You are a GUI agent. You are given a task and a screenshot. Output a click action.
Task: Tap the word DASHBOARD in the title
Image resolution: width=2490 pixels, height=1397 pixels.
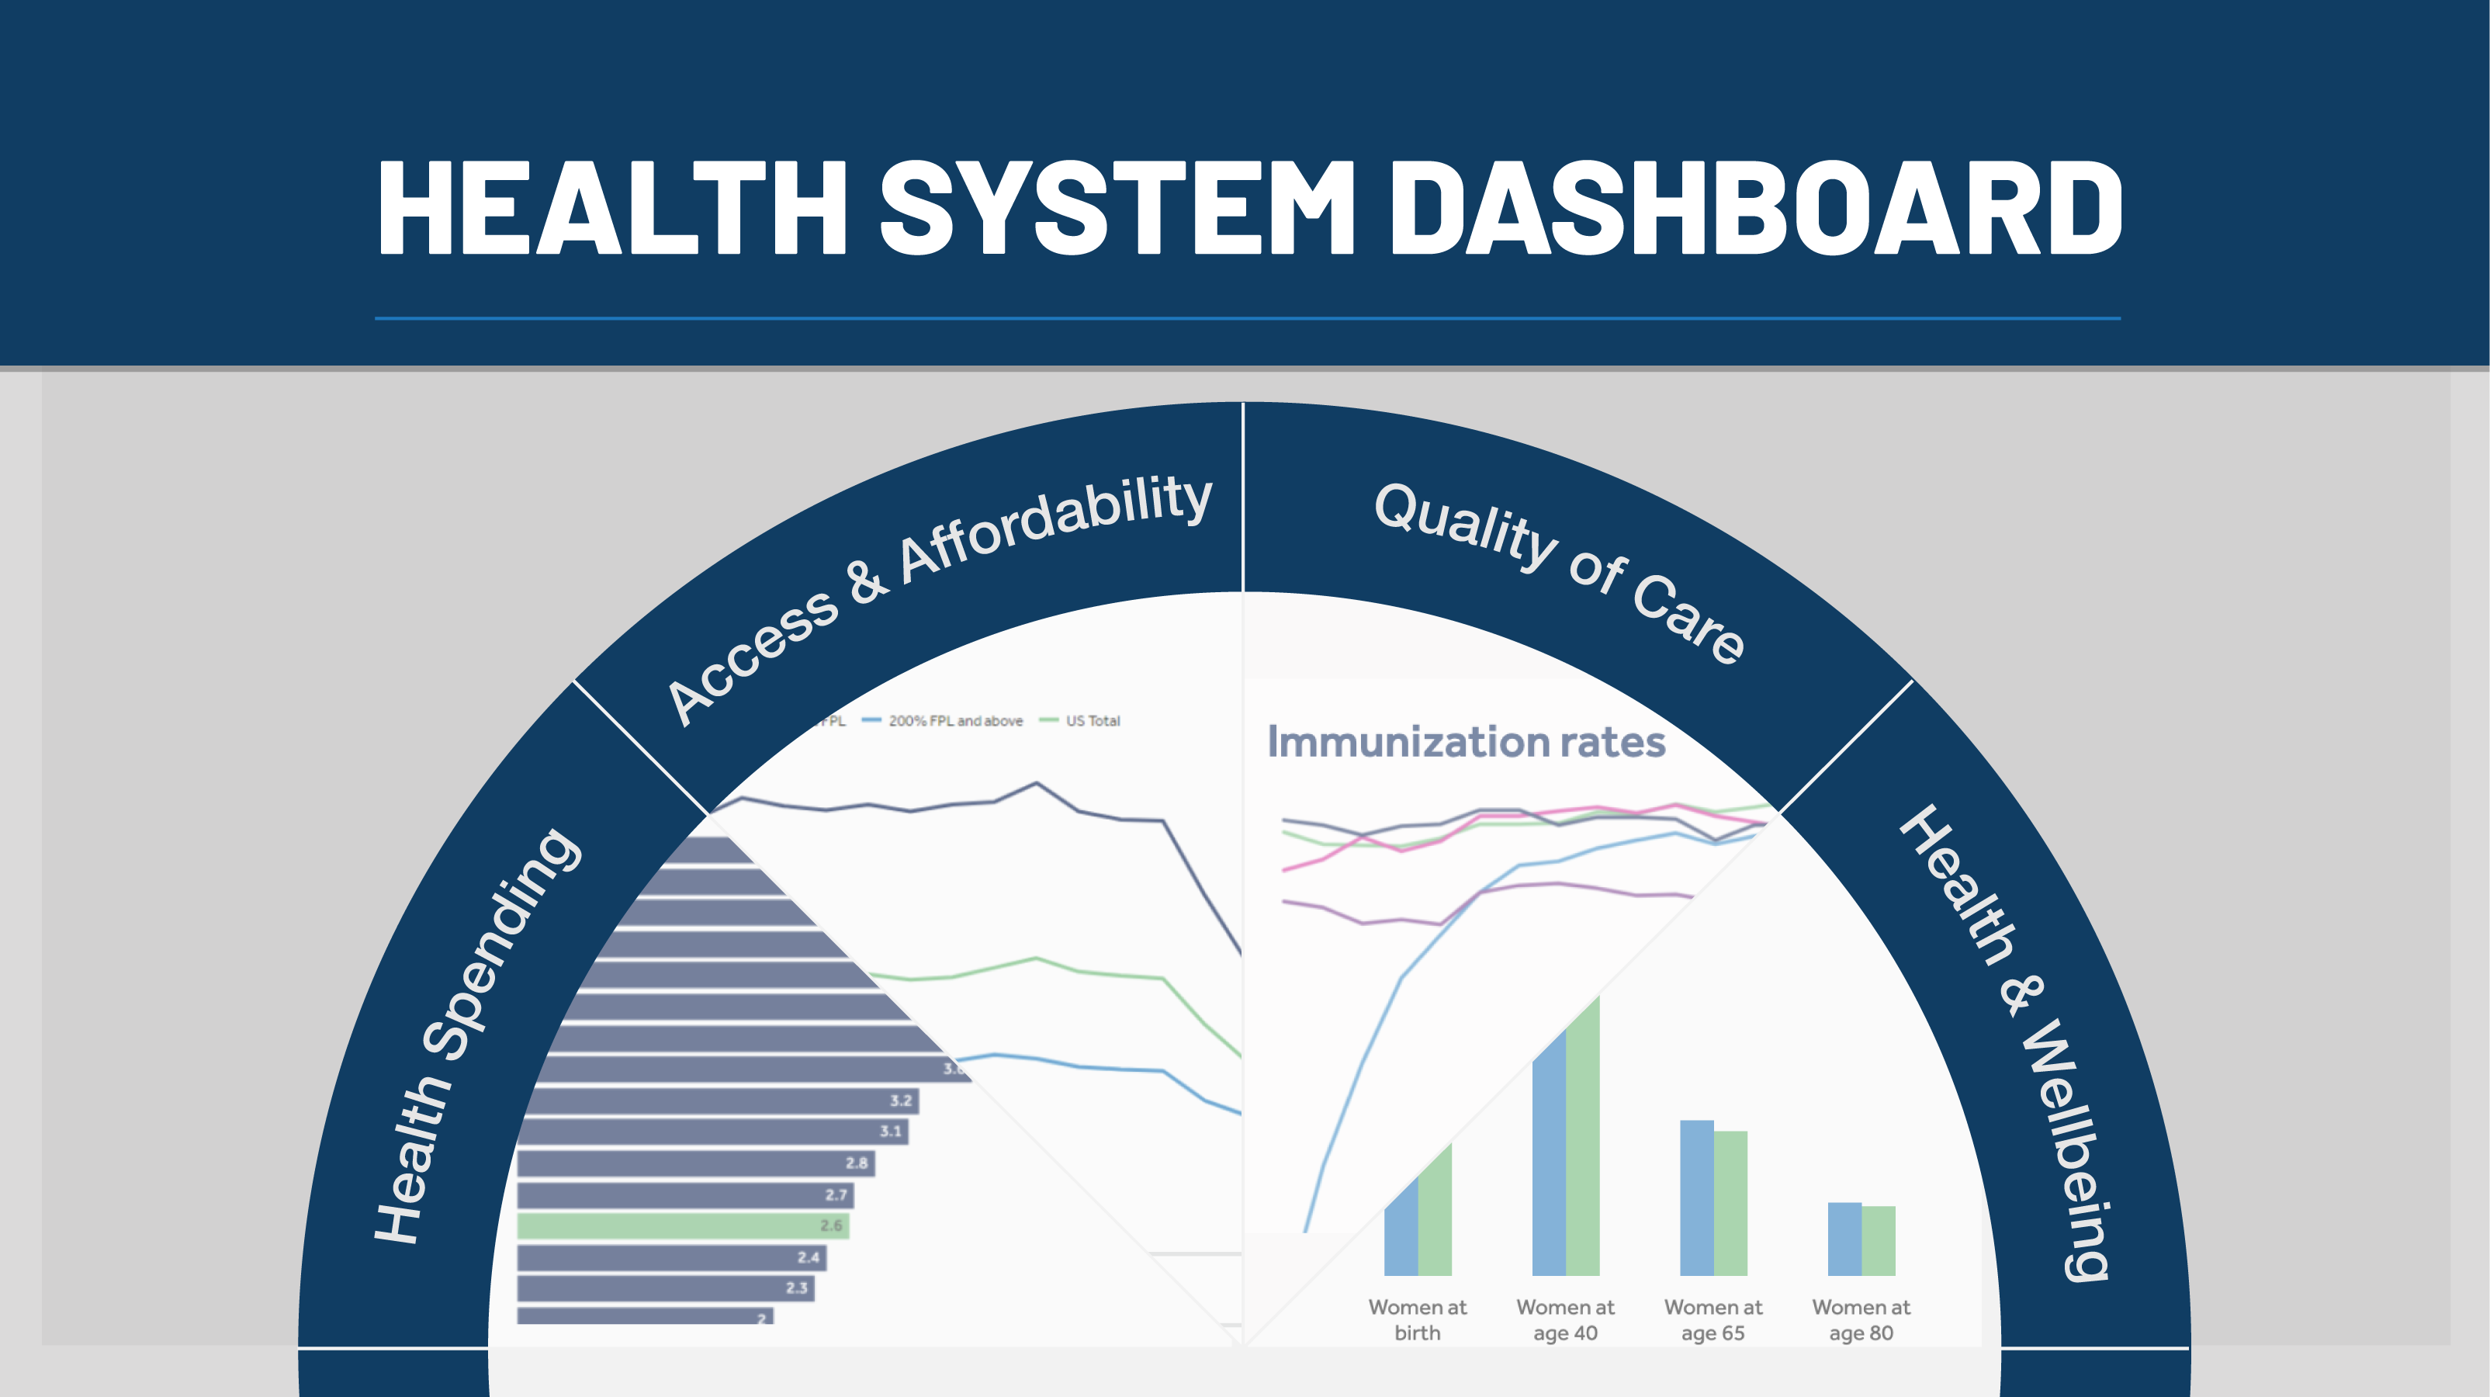(x=1754, y=208)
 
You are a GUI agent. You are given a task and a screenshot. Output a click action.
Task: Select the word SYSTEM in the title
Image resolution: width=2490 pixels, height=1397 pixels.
(x=1117, y=208)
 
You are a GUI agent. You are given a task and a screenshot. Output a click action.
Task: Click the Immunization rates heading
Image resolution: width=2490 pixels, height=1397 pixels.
(x=1466, y=743)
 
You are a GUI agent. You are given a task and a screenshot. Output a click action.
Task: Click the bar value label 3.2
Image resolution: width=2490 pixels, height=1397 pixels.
(x=901, y=1101)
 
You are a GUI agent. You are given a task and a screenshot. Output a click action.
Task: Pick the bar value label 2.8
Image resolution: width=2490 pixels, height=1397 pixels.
(x=857, y=1163)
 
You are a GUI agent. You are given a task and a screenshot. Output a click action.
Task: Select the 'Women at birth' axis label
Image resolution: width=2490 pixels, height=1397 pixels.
(x=1417, y=1319)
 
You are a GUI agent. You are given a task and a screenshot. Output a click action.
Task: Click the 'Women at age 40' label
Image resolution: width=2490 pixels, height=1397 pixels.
(x=1565, y=1319)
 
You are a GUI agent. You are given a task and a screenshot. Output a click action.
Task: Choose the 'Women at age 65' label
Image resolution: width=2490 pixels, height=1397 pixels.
(x=1713, y=1319)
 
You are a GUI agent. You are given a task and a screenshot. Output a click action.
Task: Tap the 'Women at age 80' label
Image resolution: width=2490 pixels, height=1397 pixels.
(x=1861, y=1319)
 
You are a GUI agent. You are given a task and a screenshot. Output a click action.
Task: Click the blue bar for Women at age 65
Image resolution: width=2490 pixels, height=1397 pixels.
(x=1696, y=1199)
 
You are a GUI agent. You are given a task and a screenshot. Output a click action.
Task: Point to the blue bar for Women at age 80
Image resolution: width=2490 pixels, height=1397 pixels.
(x=1844, y=1239)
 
